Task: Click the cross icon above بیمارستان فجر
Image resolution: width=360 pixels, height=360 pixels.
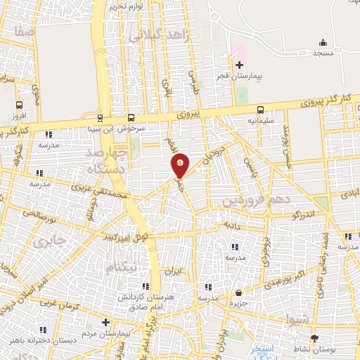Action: [x=239, y=65]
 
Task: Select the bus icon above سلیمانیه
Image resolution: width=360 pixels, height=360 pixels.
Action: [x=261, y=110]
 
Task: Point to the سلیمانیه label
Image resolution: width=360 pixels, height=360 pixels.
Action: [x=261, y=120]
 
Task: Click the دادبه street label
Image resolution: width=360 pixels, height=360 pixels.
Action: [x=232, y=226]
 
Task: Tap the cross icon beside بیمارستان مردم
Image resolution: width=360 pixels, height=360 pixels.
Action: [x=105, y=323]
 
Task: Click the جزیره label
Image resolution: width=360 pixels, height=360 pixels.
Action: [x=240, y=304]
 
